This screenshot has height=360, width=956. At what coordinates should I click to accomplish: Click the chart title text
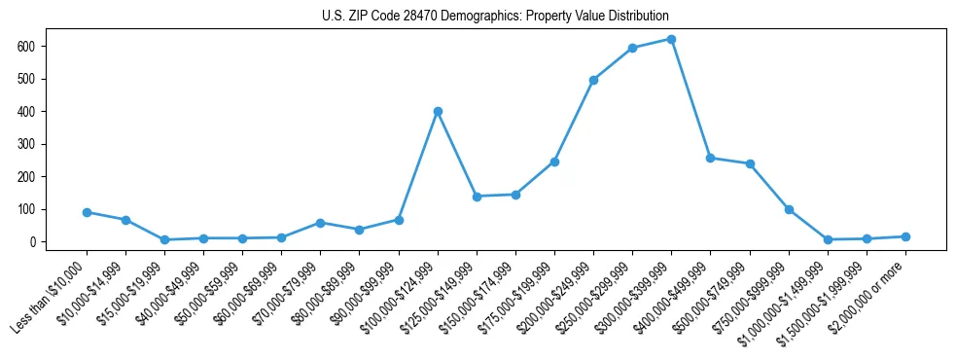click(x=495, y=16)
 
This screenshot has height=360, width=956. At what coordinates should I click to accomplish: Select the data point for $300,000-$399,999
click(x=672, y=39)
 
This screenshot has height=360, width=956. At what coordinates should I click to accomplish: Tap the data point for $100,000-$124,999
click(x=438, y=111)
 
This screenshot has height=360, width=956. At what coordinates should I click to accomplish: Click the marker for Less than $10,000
click(x=87, y=212)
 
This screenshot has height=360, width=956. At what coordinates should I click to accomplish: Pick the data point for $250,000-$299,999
click(x=633, y=48)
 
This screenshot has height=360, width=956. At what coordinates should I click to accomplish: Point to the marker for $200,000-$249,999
click(x=593, y=80)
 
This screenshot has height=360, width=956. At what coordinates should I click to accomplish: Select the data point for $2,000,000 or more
click(x=905, y=236)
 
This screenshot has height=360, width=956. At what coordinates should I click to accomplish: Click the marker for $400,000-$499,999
click(x=711, y=158)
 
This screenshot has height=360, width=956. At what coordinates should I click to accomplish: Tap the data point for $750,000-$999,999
click(x=789, y=209)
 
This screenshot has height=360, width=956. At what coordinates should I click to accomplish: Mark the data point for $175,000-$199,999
click(x=554, y=162)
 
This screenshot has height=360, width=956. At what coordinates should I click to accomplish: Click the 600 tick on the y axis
click(x=36, y=46)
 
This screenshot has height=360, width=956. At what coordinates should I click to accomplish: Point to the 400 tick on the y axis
click(x=36, y=111)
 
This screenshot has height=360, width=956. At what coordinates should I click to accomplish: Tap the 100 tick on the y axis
click(x=36, y=209)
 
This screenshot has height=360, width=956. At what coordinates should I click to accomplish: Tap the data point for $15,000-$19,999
click(x=164, y=239)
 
